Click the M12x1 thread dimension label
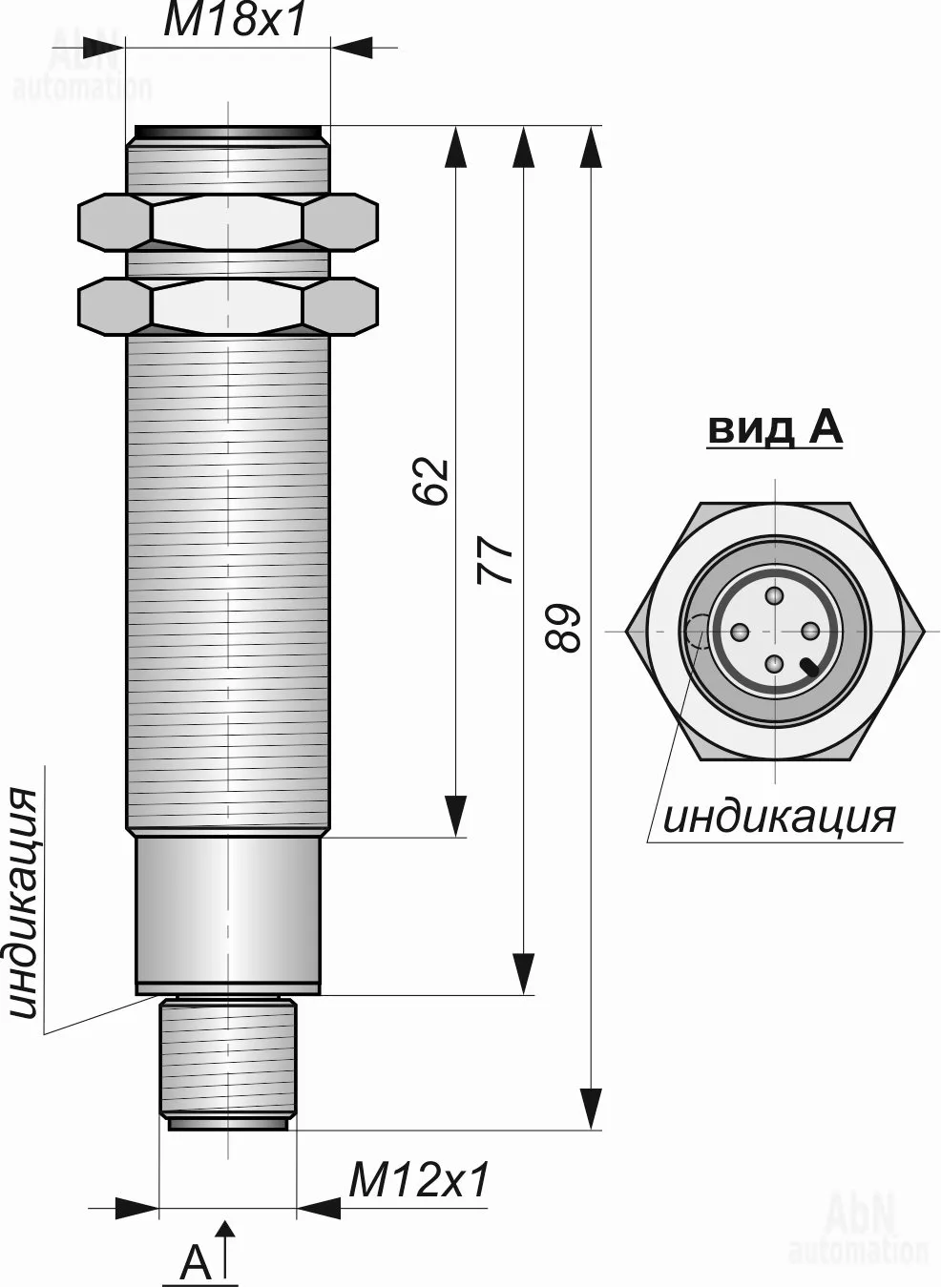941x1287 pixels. point(419,1179)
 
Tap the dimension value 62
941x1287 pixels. point(431,481)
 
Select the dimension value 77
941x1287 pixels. point(495,560)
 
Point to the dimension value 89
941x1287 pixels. point(564,628)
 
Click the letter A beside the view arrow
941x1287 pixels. point(196,1262)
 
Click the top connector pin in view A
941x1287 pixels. point(776,596)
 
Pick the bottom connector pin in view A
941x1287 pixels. point(776,665)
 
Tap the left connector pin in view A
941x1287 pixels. point(741,632)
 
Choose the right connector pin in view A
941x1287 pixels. point(810,632)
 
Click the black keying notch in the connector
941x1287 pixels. point(810,667)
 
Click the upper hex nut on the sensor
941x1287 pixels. point(228,222)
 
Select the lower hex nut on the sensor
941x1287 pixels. point(228,305)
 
